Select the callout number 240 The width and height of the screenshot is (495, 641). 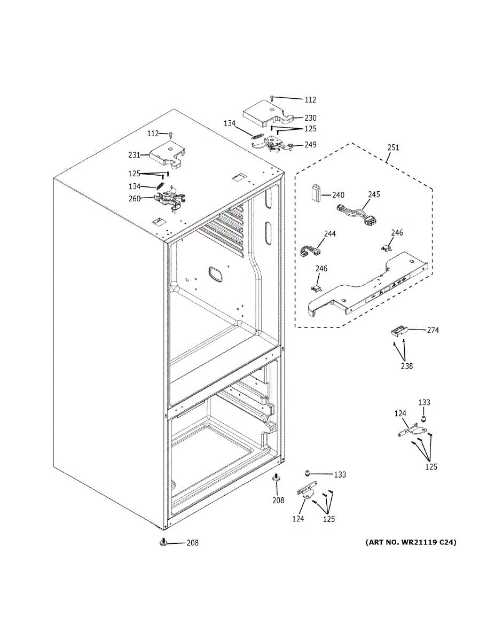(338, 196)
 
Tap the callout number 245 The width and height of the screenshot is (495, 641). (374, 194)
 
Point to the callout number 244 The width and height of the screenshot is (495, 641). (330, 234)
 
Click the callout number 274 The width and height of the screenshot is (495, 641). (433, 331)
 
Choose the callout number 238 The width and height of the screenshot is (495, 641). (406, 366)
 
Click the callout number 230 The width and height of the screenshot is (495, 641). (310, 118)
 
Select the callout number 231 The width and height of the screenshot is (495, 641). (134, 155)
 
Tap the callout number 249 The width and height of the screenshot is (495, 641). (310, 145)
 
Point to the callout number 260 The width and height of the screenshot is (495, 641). (134, 199)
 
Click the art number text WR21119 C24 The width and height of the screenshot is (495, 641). (411, 543)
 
